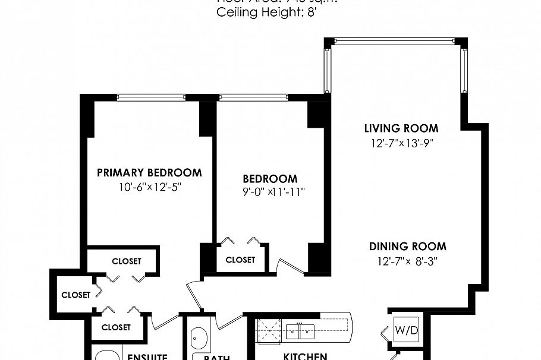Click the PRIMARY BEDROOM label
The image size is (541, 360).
coord(149,173)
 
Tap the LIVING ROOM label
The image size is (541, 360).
coord(401,128)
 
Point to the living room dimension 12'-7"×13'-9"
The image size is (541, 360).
coord(401,143)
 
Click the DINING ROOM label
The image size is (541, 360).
coord(407,247)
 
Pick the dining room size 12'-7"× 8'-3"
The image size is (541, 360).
coord(407,260)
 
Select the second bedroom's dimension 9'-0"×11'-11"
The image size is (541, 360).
coord(270,192)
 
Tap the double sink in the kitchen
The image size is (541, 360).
coord(300,331)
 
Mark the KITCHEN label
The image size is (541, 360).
coord(305,356)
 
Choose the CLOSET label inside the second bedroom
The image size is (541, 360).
coord(240,260)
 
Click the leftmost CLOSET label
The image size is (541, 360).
coord(76,295)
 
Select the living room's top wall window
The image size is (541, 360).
coord(396,42)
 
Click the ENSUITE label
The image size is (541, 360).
coord(148,357)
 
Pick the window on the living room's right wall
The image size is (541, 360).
coord(464,71)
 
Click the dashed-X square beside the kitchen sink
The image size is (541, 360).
coord(269,331)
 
